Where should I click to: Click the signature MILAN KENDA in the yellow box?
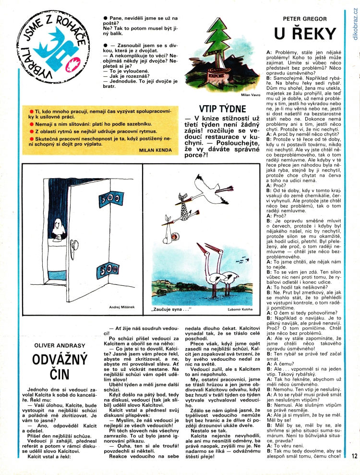[x=155, y=150]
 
